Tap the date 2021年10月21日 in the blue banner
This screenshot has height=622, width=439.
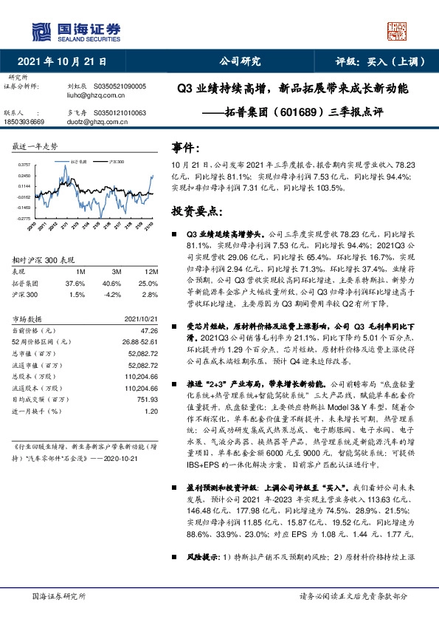(x=66, y=61)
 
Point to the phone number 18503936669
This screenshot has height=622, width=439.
(x=24, y=120)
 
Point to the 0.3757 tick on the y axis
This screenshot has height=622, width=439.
(x=25, y=165)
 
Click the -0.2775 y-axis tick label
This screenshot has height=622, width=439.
(x=24, y=219)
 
